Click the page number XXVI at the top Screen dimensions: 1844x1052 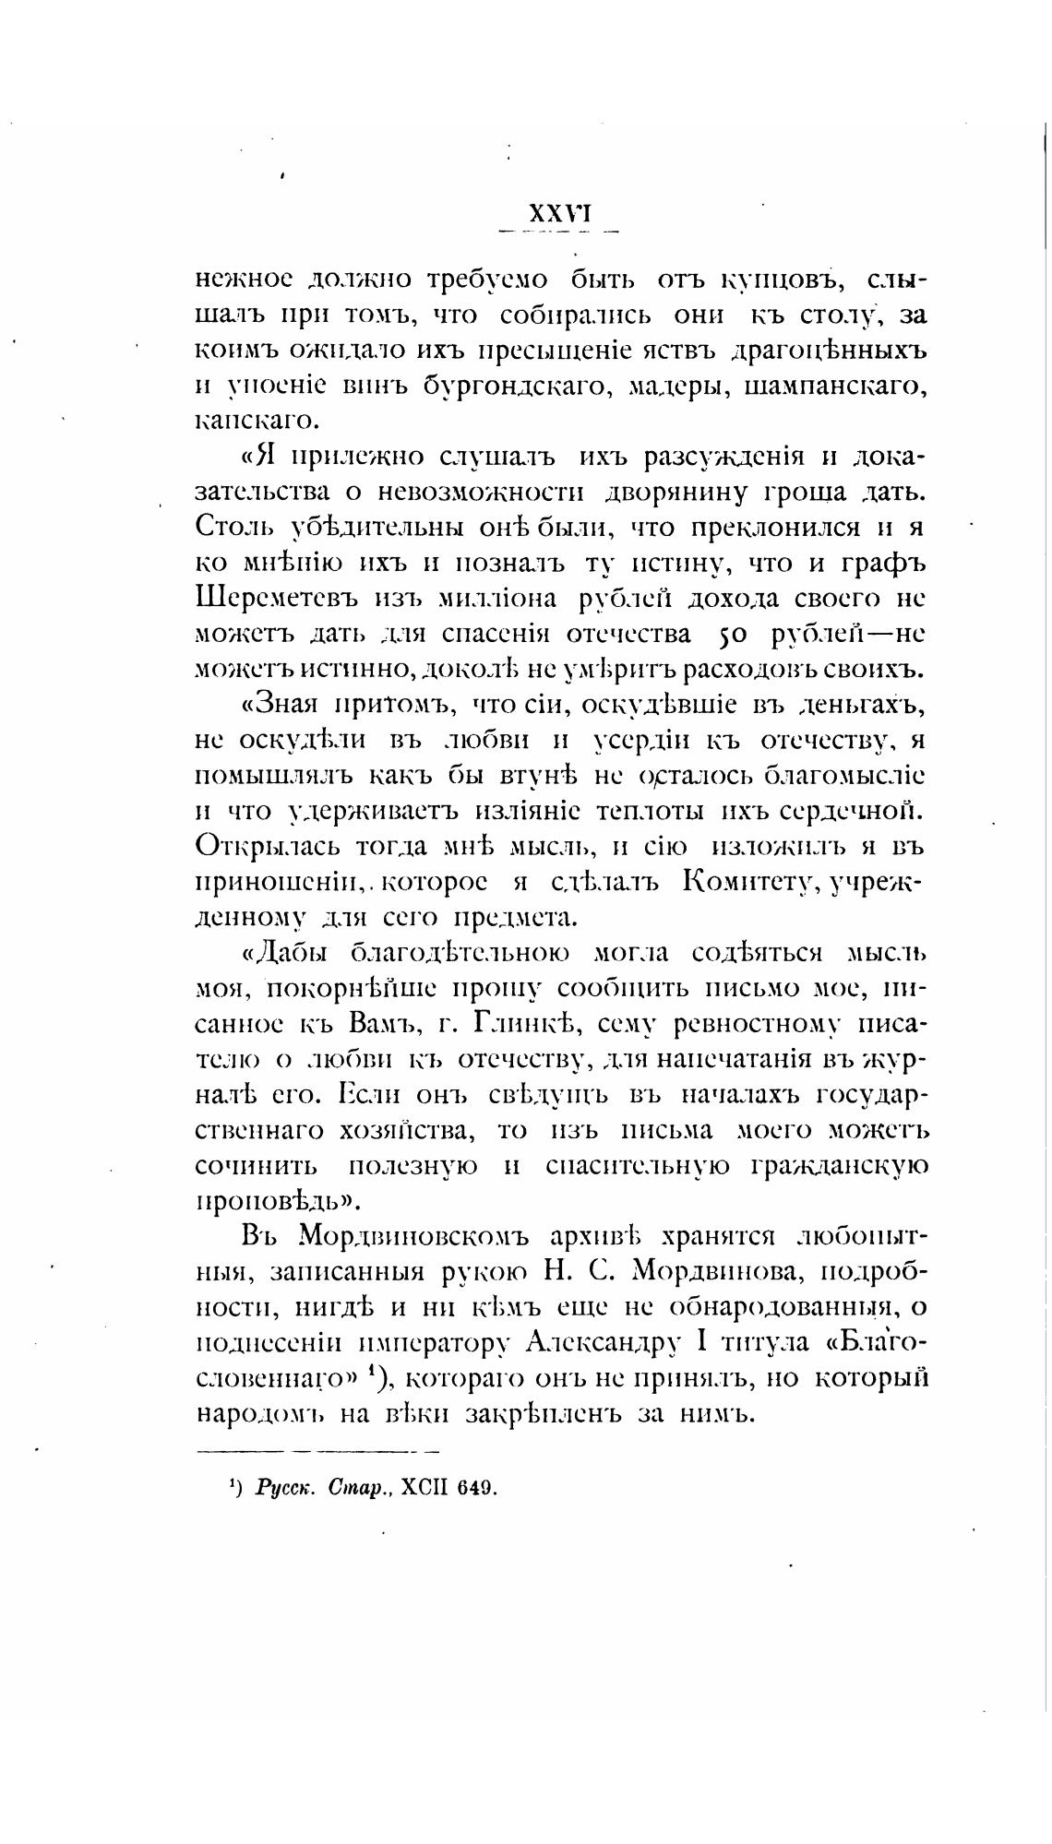[558, 214]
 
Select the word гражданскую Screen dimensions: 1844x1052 [840, 1167]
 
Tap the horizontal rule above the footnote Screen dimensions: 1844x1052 [319, 1451]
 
